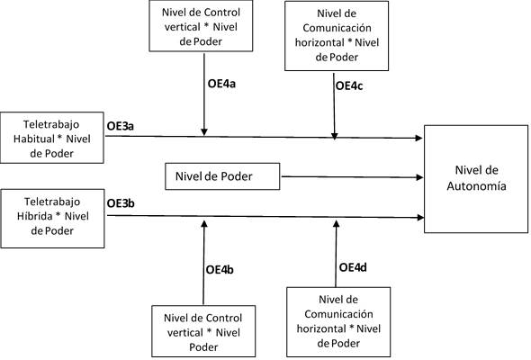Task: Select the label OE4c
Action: tap(350, 85)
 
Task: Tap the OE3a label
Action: tap(121, 126)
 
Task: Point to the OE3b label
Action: tap(121, 203)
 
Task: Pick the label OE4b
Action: tap(221, 269)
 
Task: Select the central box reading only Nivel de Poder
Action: tap(220, 177)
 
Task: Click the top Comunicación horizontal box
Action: tap(336, 36)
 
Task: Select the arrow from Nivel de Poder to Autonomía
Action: tap(351, 177)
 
